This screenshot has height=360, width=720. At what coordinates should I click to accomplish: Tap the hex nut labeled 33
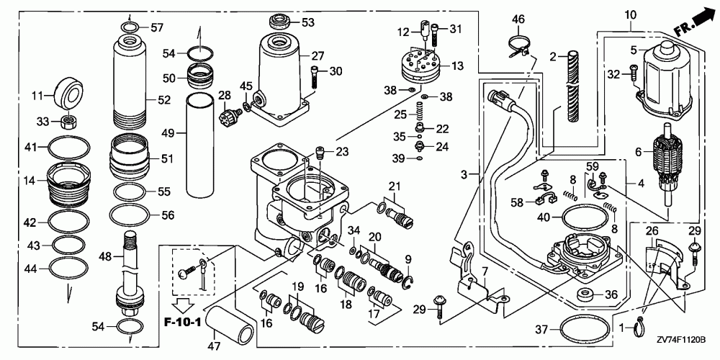click(x=68, y=122)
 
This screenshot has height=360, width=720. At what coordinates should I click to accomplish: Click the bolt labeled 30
click(x=314, y=77)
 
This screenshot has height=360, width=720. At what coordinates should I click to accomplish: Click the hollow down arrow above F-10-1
click(x=183, y=304)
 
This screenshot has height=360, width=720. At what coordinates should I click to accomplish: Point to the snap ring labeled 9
click(x=409, y=283)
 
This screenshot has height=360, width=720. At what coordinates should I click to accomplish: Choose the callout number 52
click(x=164, y=100)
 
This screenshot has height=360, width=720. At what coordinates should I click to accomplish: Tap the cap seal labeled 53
click(x=279, y=22)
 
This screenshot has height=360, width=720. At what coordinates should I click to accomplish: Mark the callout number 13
click(x=457, y=66)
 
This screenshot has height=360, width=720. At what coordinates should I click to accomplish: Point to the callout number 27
click(x=318, y=56)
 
